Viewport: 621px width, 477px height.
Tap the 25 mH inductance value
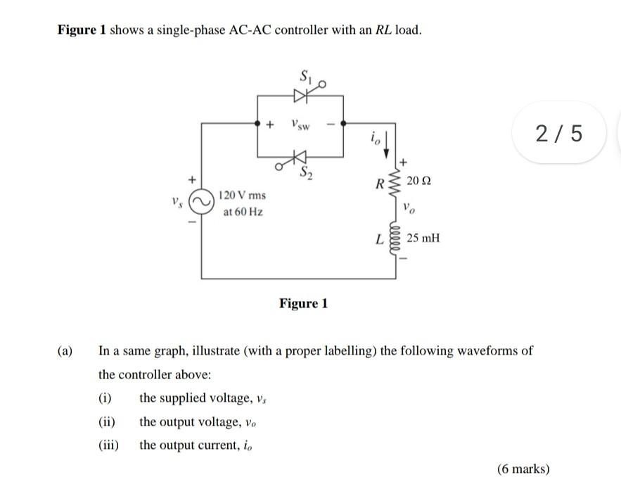point(423,238)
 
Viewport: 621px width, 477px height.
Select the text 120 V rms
point(242,195)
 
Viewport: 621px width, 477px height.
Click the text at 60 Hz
point(243,211)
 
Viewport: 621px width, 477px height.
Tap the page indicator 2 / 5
point(559,132)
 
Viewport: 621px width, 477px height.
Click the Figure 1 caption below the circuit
point(303,303)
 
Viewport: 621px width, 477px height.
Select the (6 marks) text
point(523,469)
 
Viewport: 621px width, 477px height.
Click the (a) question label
point(65,350)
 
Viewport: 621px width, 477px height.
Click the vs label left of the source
point(176,202)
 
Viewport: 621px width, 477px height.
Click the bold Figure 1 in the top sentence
point(82,30)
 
